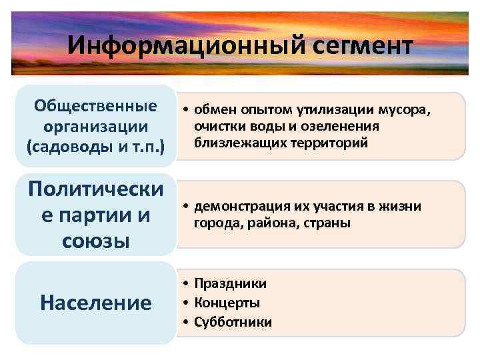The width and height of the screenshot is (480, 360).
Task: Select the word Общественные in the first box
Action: [x=96, y=106]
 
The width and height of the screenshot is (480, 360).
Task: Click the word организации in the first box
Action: [x=96, y=126]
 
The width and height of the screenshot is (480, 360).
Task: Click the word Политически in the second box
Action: [x=96, y=190]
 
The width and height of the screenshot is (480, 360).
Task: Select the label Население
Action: [x=96, y=303]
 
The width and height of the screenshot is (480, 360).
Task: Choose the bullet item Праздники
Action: [x=230, y=284]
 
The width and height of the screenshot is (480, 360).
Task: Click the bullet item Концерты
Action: [x=227, y=303]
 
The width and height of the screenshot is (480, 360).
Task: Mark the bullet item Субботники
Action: [x=233, y=323]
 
